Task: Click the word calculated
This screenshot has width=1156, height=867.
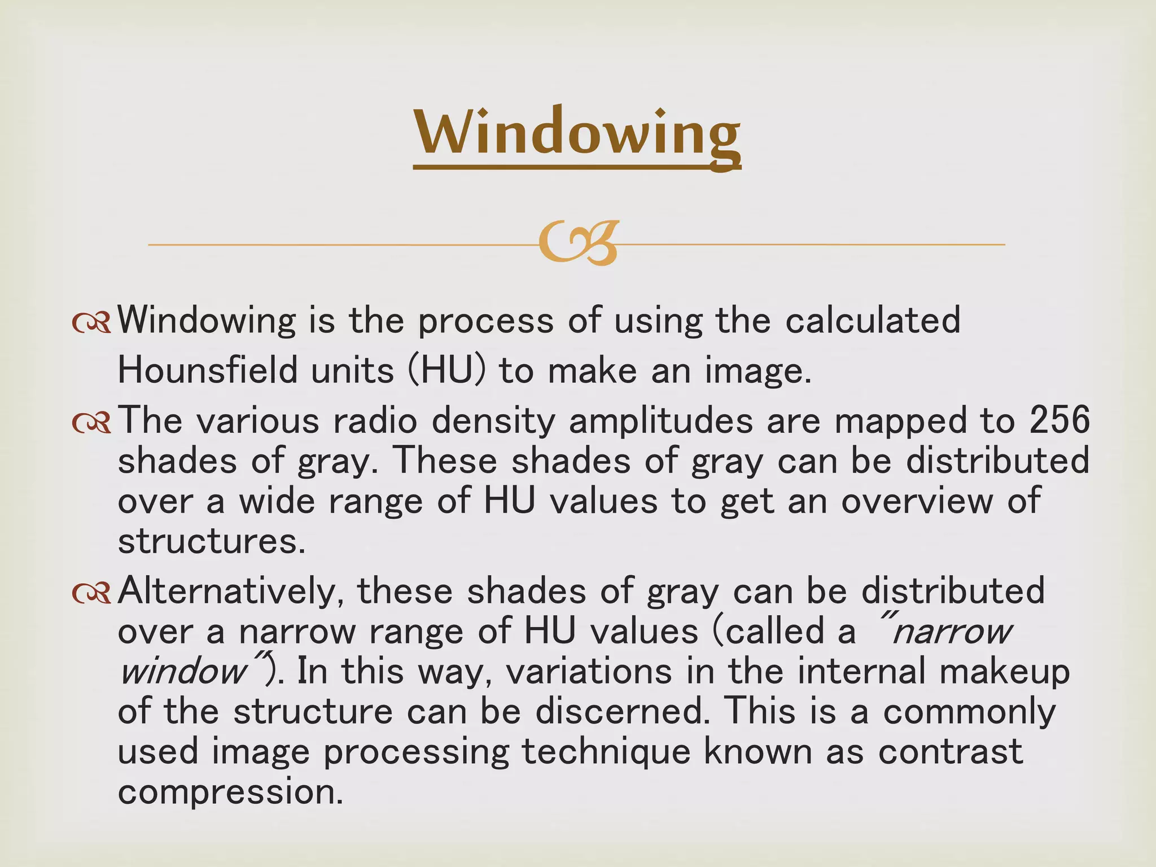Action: (873, 320)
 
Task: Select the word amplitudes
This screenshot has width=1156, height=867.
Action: (661, 421)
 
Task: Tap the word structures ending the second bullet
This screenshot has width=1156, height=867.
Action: (211, 541)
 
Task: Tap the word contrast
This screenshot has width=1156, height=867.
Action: (951, 752)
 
